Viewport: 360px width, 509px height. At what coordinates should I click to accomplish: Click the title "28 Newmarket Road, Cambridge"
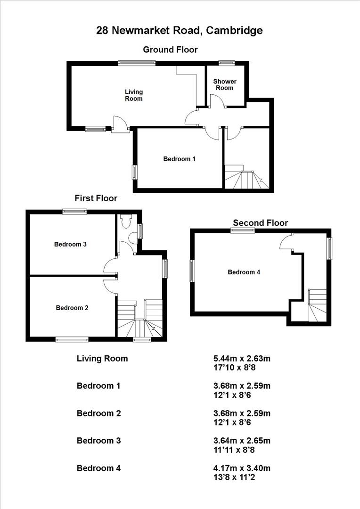point(180,31)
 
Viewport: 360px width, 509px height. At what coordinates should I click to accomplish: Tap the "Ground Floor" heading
point(170,49)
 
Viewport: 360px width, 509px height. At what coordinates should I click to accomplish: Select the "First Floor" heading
point(96,198)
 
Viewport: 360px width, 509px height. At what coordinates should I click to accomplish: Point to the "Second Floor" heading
point(260,223)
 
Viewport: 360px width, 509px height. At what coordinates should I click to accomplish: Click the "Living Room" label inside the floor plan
point(133,95)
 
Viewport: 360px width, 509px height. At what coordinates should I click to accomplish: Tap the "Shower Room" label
point(224,85)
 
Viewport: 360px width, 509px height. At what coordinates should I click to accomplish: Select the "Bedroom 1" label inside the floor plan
point(179,159)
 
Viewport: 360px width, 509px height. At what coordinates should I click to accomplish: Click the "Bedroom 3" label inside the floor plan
point(70,244)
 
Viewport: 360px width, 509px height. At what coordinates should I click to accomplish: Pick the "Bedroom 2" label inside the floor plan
point(72,308)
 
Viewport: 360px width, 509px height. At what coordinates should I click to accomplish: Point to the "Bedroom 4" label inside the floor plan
point(244,272)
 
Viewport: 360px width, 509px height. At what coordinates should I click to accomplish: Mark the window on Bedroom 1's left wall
point(134,172)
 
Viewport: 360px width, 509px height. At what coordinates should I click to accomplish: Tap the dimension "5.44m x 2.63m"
point(242,359)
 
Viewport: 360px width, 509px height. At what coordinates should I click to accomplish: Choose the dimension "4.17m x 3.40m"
point(242,468)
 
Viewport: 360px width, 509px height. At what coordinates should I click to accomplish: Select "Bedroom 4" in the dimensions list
point(98,468)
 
